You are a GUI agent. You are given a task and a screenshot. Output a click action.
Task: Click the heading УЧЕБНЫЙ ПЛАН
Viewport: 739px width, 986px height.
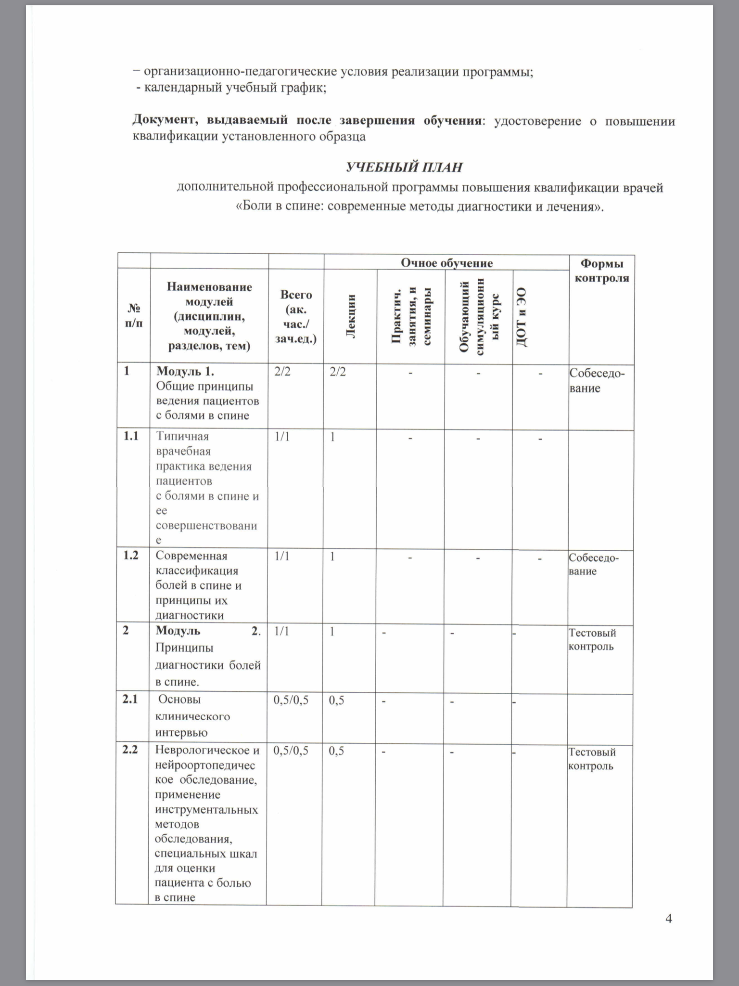pos(404,167)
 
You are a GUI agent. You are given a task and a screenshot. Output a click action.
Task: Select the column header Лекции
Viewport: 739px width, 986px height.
pos(351,316)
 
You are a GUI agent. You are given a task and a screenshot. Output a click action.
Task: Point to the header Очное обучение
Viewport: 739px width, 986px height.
pos(447,263)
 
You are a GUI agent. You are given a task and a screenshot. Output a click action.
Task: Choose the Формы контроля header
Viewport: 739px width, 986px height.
pos(602,271)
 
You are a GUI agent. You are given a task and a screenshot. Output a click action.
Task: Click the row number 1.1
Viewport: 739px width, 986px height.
pos(131,436)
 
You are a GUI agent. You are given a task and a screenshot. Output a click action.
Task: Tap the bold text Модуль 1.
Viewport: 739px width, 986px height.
pos(185,371)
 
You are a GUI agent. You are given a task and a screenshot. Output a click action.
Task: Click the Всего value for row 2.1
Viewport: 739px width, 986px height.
pos(291,700)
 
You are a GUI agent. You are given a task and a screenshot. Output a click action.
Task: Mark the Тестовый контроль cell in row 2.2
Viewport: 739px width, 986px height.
pos(592,759)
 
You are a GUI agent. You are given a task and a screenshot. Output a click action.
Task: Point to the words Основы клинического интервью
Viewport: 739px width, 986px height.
pos(192,716)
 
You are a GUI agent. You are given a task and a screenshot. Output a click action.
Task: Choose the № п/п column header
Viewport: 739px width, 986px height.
pos(134,315)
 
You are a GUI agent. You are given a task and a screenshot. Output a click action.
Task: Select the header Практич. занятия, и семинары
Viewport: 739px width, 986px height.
pos(411,316)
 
